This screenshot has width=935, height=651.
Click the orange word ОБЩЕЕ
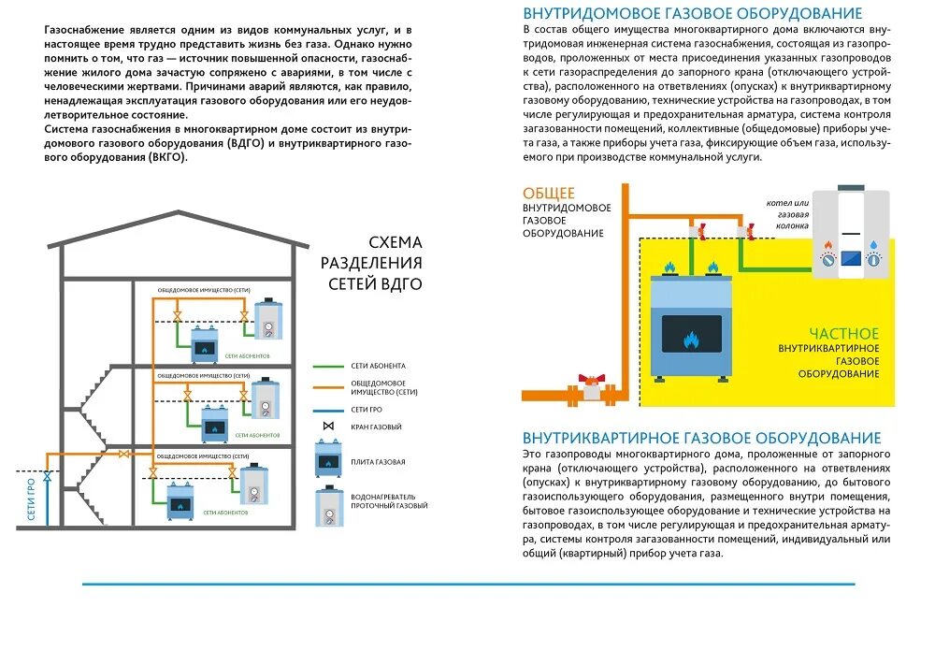(549, 193)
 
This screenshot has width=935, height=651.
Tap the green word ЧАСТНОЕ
(844, 333)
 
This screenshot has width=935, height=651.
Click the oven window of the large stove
(692, 334)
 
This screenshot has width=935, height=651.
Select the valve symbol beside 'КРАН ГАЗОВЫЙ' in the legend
(328, 427)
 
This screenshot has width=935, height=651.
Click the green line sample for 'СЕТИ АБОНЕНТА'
(327, 366)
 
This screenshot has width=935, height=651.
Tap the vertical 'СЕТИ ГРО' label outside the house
(31, 499)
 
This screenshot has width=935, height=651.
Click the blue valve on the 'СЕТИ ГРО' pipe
(48, 476)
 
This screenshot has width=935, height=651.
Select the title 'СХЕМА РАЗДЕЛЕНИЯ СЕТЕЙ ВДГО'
(371, 263)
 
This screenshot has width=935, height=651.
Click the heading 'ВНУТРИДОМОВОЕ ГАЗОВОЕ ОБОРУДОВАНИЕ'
(692, 13)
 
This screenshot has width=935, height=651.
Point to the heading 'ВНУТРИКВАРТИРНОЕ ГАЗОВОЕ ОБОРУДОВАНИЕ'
(701, 438)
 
